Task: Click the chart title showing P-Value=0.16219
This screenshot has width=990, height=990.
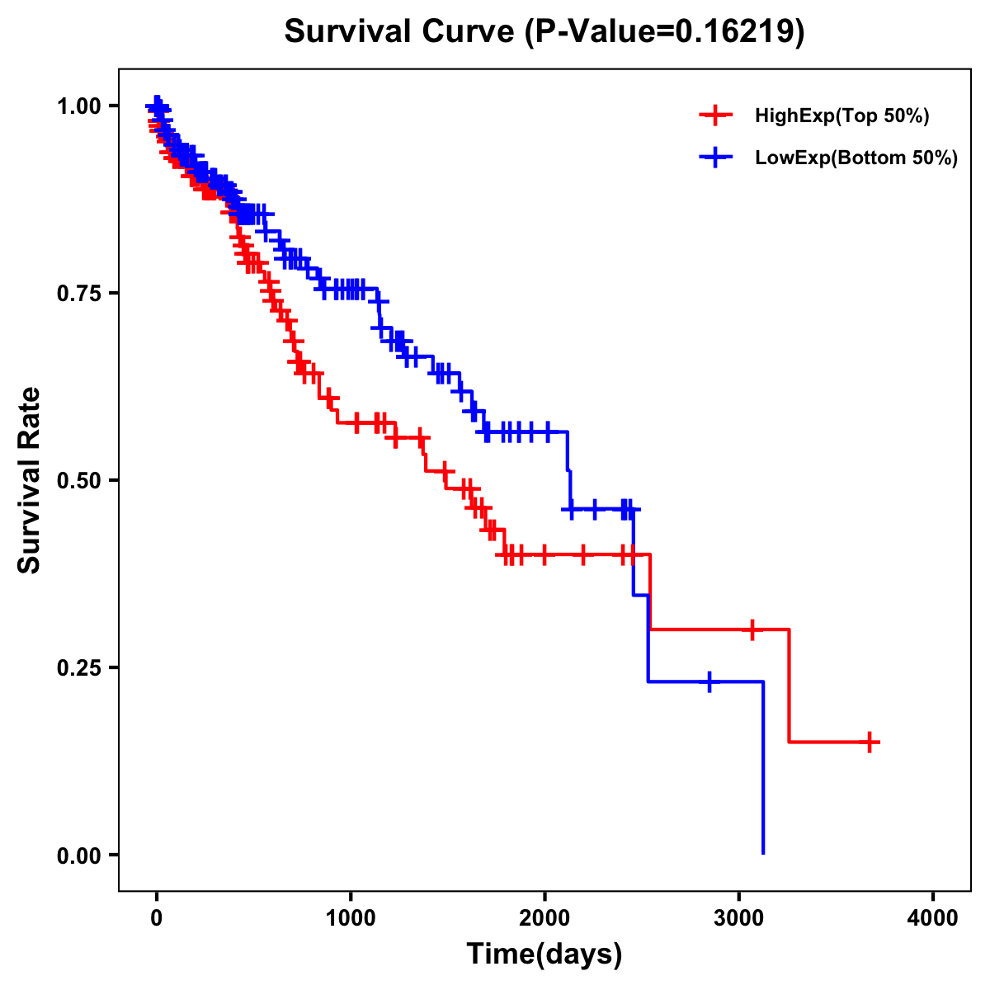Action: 544,31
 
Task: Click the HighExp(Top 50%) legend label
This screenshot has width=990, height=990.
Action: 841,116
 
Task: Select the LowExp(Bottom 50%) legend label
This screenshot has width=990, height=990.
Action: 856,158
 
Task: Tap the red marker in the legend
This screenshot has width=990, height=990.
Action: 715,115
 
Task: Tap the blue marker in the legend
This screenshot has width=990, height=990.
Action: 715,157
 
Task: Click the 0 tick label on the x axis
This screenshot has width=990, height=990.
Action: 157,918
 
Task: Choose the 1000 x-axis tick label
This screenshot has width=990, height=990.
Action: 351,918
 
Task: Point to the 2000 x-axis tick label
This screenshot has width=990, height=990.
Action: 544,918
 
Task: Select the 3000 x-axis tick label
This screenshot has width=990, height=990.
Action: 739,918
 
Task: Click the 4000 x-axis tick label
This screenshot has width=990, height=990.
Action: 933,918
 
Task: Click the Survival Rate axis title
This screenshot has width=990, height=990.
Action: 30,480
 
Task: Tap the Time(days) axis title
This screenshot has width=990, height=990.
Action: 544,955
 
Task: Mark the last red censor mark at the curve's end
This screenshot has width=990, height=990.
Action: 870,742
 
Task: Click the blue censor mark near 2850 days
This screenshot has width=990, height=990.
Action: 709,681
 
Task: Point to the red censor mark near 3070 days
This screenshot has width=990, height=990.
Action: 752,629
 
